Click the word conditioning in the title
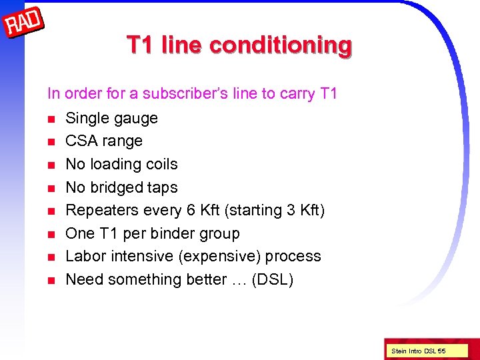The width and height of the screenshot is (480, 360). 280,45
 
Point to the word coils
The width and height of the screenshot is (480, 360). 161,164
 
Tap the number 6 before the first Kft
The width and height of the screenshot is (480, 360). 191,211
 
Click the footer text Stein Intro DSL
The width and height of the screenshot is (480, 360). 414,351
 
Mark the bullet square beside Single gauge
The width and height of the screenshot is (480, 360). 51,119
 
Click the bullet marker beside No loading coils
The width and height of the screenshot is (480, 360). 51,165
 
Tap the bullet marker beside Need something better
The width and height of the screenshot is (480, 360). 51,280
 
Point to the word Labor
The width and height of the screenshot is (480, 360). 83,257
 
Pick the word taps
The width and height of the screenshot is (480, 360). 163,187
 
